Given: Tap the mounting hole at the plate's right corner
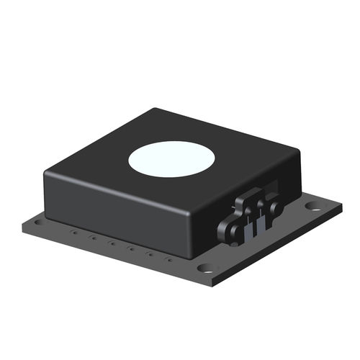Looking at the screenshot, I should pos(313,206).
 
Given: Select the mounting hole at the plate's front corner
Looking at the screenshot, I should pos(207,268).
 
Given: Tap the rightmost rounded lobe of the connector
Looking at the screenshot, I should pos(276,208).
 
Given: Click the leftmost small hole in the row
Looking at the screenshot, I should pos(74,232).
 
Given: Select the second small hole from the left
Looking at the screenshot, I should pos(93,238).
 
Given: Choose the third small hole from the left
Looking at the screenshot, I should pos(112,243).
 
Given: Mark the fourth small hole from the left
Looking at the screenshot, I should pos(130,249).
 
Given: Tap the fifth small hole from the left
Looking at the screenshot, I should pos(150,255).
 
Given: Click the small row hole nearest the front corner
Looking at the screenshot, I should pos(169,261).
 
